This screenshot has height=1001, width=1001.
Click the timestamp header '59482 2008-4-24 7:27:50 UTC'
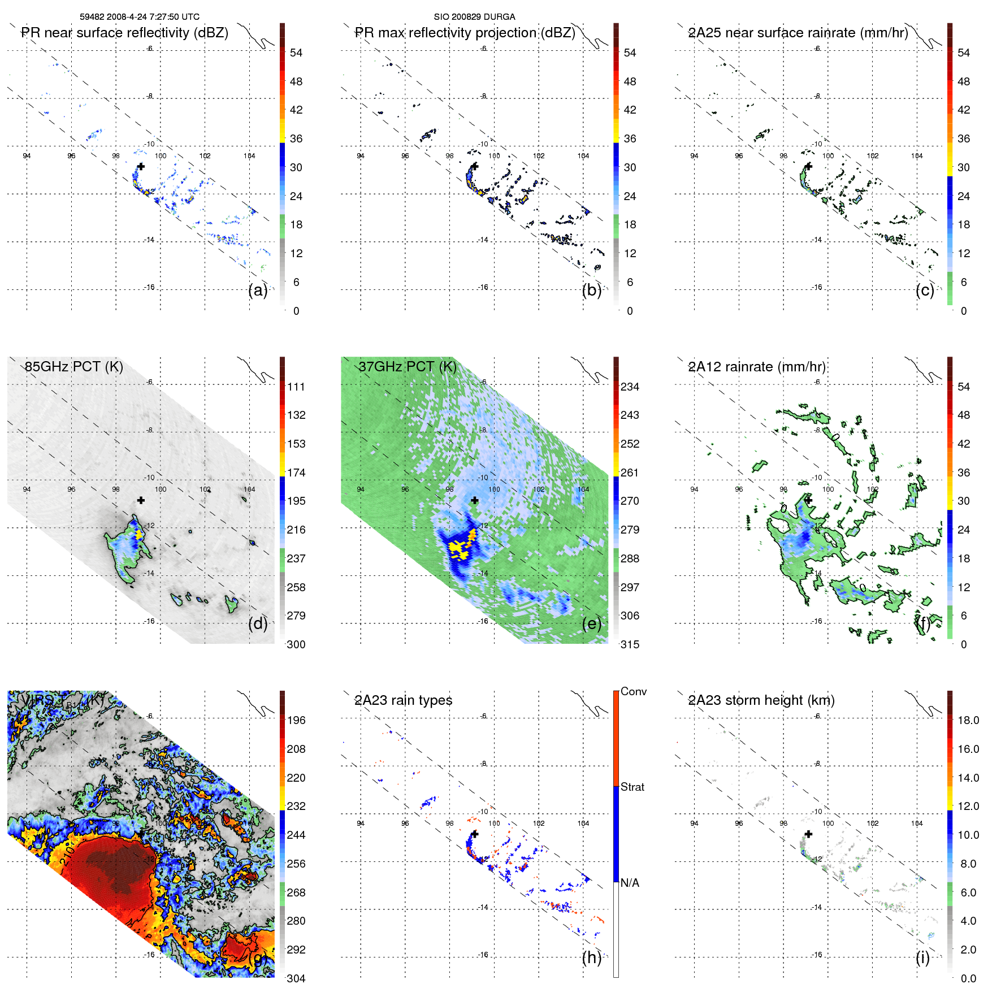point(139,17)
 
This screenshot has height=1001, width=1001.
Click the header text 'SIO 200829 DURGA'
point(474,17)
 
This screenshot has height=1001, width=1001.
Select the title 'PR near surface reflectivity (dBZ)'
point(124,33)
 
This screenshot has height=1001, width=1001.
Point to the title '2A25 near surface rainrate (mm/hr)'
point(798,33)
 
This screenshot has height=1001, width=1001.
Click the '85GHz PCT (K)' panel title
point(73,367)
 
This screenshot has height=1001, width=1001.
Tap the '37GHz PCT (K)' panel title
point(407,367)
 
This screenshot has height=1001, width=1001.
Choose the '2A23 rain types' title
point(403,700)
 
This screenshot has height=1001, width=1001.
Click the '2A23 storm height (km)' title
point(761,700)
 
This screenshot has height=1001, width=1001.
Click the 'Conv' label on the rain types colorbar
point(634,692)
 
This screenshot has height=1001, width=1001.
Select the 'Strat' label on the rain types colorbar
point(632,787)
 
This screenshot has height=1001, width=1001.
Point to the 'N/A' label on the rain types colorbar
point(630,883)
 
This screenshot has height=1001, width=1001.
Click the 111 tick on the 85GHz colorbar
point(296,387)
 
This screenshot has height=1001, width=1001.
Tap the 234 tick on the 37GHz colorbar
point(630,387)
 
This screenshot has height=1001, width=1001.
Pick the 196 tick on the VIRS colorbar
point(296,721)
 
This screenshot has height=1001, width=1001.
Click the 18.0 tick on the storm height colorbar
point(968,721)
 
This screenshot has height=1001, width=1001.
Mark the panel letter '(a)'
point(258,291)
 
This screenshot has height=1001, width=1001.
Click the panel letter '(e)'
point(591,624)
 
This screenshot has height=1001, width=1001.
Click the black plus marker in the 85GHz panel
point(141,500)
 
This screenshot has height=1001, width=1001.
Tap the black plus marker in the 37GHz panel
point(475,500)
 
